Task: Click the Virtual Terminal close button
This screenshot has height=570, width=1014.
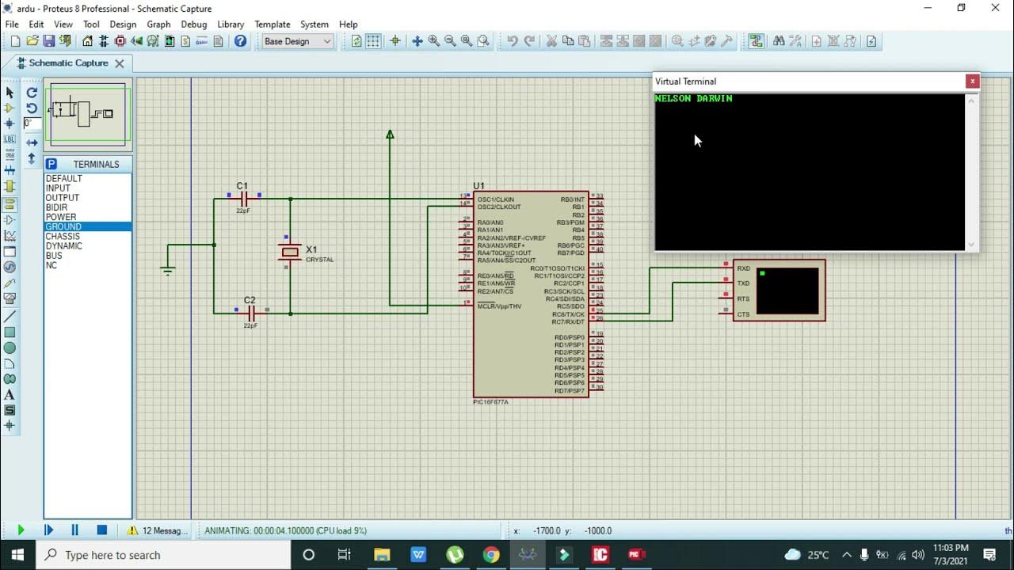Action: pos(972,82)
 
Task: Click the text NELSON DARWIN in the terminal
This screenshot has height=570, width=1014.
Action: pos(694,99)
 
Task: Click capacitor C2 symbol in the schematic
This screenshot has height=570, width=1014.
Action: pos(250,313)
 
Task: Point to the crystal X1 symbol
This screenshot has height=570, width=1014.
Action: pos(290,252)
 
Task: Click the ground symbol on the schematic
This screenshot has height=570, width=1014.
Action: pos(167,271)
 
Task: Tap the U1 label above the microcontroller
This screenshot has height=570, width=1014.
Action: pos(479,186)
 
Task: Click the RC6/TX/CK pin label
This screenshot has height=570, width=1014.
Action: pos(568,314)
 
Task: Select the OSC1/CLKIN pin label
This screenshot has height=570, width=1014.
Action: pos(495,199)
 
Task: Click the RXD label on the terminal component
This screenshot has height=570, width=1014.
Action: pos(743,268)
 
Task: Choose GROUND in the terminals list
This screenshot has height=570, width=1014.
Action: pos(63,227)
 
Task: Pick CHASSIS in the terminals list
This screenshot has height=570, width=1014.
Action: pos(63,237)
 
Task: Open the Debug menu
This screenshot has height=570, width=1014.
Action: pos(193,25)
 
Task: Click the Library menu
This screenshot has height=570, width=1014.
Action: pos(231,25)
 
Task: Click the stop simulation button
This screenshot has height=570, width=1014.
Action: pos(101,530)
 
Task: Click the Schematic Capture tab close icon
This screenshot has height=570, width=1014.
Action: pos(120,63)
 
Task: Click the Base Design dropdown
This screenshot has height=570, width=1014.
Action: pos(297,41)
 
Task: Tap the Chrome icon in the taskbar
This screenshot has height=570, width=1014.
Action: pos(491,555)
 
